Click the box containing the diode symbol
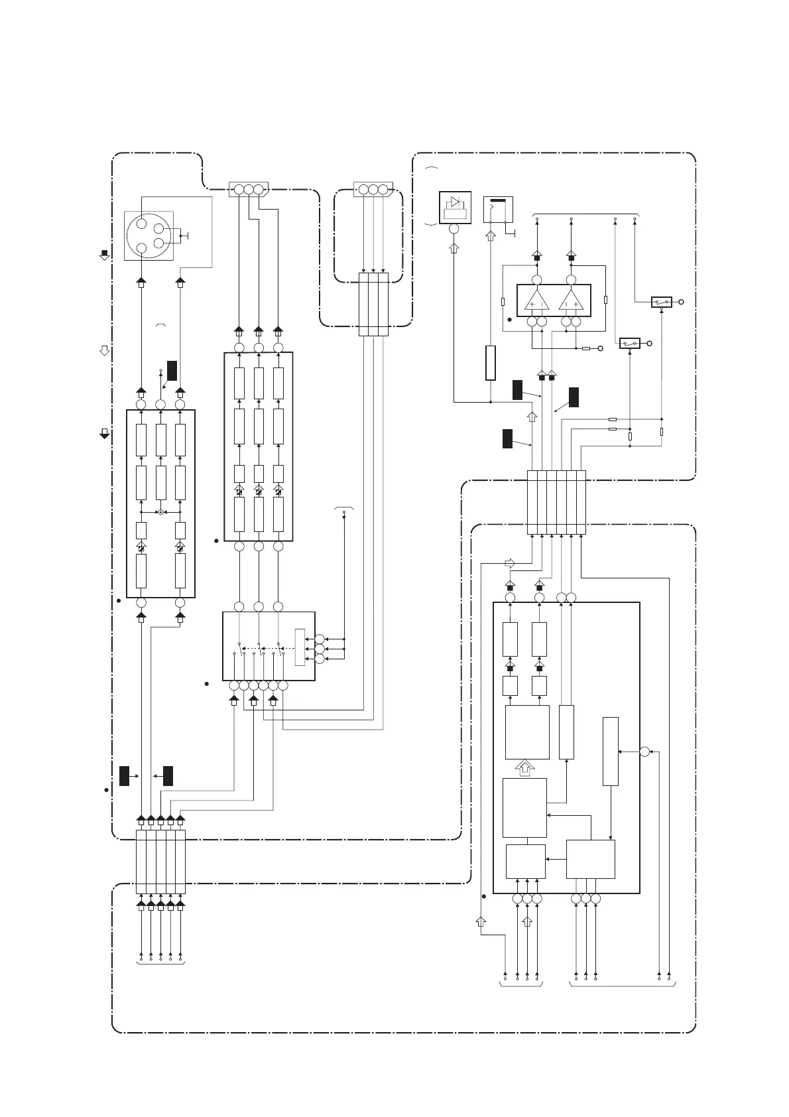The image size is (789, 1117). pyautogui.click(x=455, y=207)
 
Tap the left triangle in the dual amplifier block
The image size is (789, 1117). pyautogui.click(x=536, y=300)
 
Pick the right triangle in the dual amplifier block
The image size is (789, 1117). pyautogui.click(x=570, y=300)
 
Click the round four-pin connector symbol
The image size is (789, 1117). pyautogui.click(x=149, y=236)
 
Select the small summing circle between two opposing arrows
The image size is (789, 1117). pyautogui.click(x=160, y=512)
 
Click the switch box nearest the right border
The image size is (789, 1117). pyautogui.click(x=661, y=302)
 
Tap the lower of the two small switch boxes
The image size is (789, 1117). pyautogui.click(x=629, y=343)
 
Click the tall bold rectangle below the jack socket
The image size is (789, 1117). pyautogui.click(x=490, y=363)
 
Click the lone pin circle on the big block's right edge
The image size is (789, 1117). pyautogui.click(x=644, y=751)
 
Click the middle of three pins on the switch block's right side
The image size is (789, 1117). pyautogui.click(x=320, y=648)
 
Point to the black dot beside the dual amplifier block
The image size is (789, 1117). pyautogui.click(x=509, y=320)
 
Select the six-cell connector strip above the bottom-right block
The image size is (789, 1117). pyautogui.click(x=556, y=502)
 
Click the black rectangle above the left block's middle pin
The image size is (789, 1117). pyautogui.click(x=171, y=370)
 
